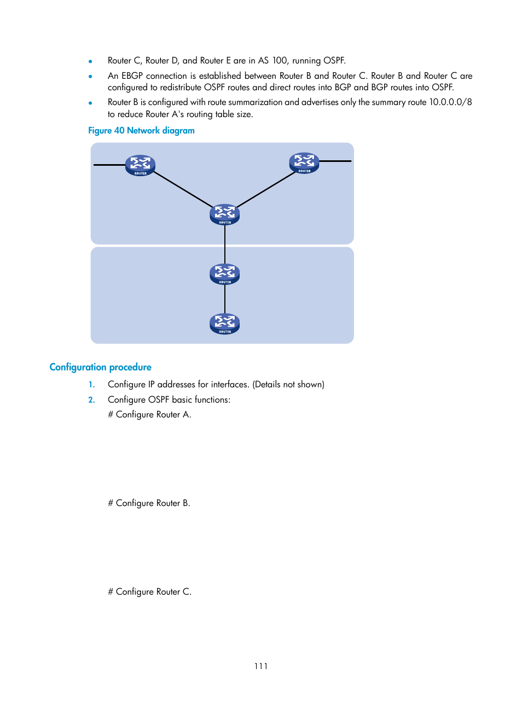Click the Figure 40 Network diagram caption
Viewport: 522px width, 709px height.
(x=141, y=131)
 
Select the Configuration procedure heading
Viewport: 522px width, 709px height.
(x=100, y=367)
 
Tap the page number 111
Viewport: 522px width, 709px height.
(x=261, y=666)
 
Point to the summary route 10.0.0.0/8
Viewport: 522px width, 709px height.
(x=450, y=102)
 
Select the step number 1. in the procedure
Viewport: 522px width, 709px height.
(x=92, y=385)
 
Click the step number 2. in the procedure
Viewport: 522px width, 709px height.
(x=92, y=400)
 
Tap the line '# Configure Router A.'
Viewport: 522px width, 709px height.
(x=149, y=415)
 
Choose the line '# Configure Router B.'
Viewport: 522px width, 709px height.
(x=149, y=503)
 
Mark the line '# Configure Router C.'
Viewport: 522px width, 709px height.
(x=149, y=592)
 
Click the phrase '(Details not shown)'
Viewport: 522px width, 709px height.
(x=288, y=385)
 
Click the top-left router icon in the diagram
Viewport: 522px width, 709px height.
(x=140, y=165)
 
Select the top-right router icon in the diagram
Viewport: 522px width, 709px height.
(x=304, y=162)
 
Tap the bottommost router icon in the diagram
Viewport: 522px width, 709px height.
(x=224, y=323)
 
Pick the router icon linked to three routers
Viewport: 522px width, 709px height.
(x=224, y=214)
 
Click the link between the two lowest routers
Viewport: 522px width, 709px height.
(x=225, y=299)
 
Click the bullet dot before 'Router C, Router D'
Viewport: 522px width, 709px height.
(x=90, y=61)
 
